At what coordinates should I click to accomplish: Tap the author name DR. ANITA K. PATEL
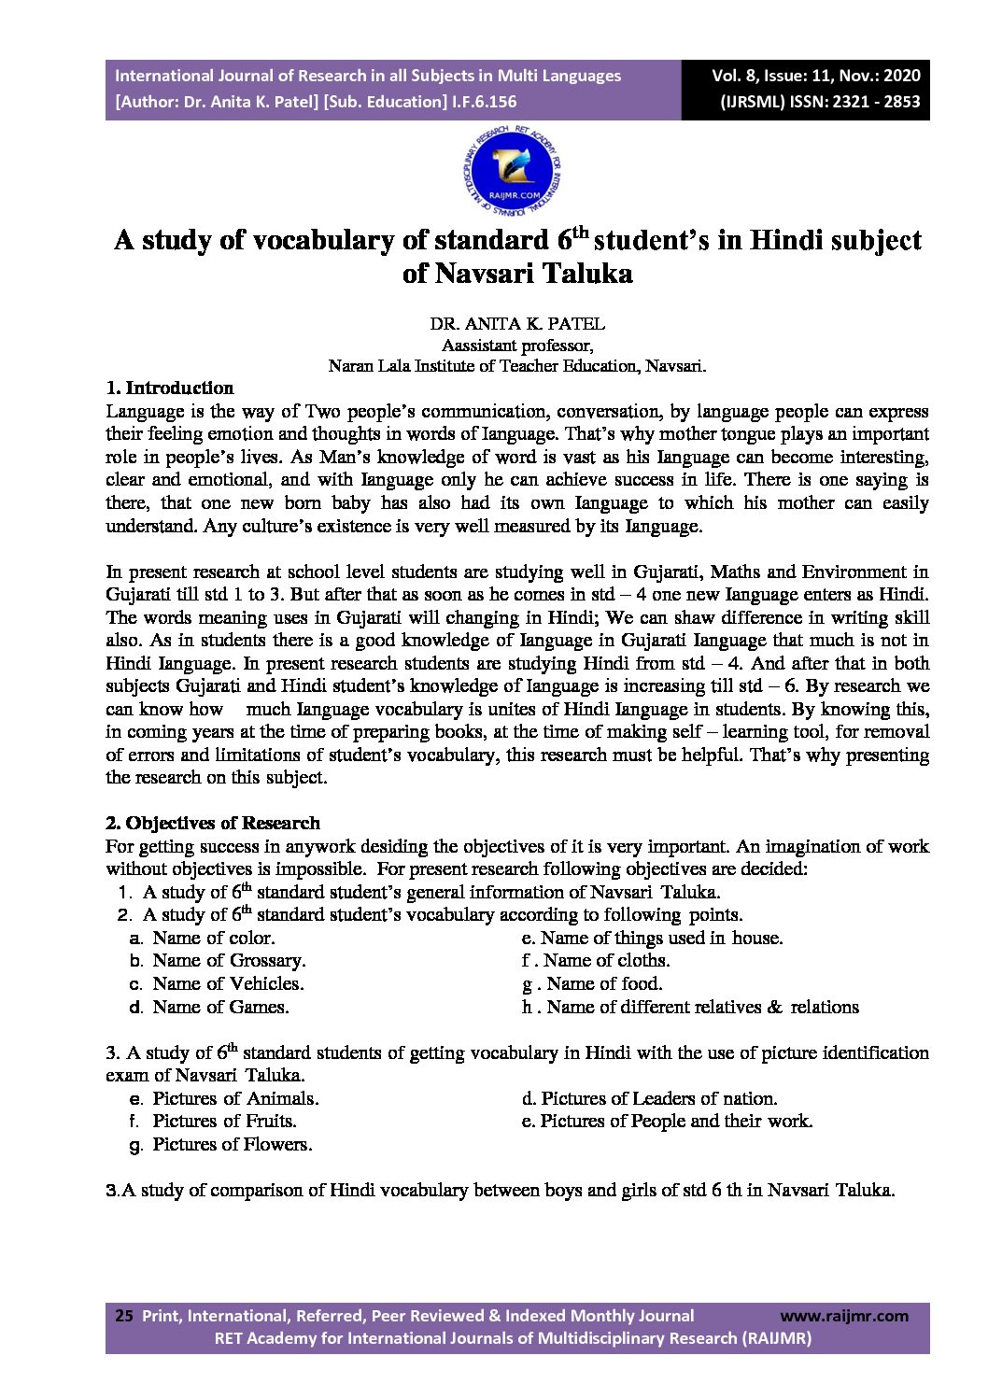[x=517, y=324]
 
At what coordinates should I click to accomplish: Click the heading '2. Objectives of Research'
[x=212, y=823]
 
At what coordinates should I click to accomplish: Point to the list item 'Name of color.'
[x=213, y=938]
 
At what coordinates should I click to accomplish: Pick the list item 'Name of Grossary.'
[x=229, y=960]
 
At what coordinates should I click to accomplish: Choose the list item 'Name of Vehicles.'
[x=228, y=983]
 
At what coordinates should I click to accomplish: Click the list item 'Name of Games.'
[x=220, y=1007]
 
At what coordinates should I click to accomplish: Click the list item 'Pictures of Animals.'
[x=235, y=1098]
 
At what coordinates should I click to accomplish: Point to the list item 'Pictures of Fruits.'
[x=224, y=1121]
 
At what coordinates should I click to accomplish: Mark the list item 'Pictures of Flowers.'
[x=233, y=1144]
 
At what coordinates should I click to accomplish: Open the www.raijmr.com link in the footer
[x=843, y=1316]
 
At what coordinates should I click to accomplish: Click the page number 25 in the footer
[x=123, y=1316]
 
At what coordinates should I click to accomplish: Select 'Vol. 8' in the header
[x=732, y=76]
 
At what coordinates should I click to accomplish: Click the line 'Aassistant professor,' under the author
[x=516, y=345]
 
